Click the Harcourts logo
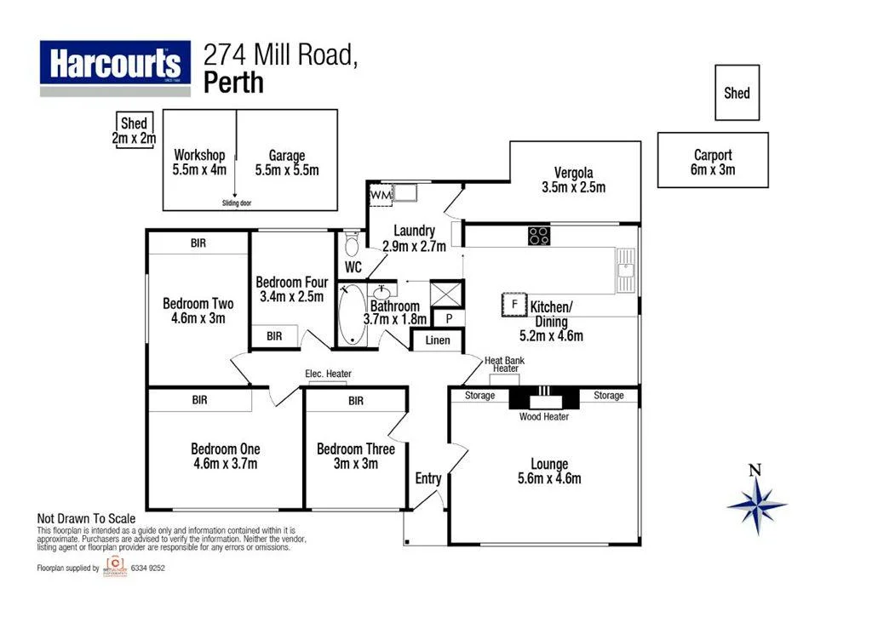coord(115,66)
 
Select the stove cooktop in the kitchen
coord(538,236)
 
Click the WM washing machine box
coord(380,195)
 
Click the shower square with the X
coord(446,294)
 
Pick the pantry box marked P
coord(450,319)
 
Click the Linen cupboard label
coord(438,341)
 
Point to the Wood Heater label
coord(543,416)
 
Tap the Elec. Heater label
coord(328,374)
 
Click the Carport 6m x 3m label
coord(713,162)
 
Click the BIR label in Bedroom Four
coord(274,337)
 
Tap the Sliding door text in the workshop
coord(237,203)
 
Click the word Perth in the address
coord(234,83)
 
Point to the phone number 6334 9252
coord(146,568)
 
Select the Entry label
coord(428,478)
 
